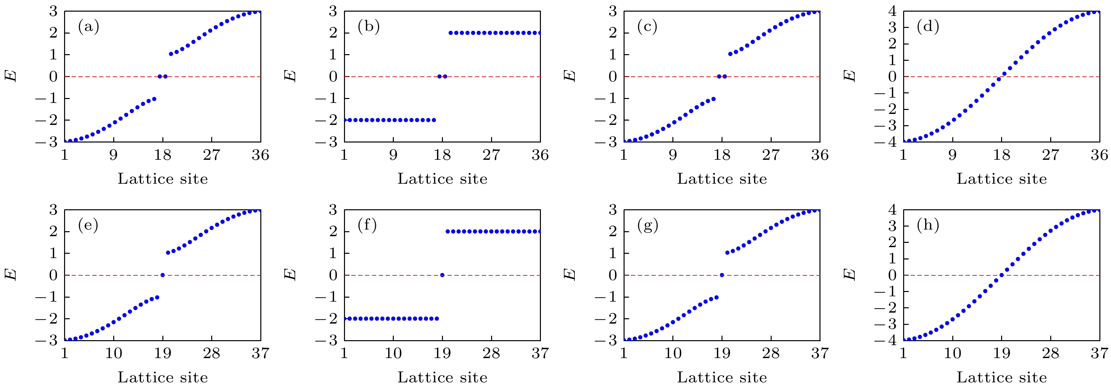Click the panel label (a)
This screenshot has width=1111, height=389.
88,27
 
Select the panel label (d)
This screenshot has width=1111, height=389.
928,27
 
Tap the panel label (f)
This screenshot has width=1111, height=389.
368,225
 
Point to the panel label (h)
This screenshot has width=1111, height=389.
928,225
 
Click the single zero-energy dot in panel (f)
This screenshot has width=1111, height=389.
442,275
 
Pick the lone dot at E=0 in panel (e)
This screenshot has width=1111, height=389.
163,275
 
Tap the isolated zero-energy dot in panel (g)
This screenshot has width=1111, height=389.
722,275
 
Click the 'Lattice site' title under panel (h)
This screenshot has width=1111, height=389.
1001,377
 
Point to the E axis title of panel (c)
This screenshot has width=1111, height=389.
570,76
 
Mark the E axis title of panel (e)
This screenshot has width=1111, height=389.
11,275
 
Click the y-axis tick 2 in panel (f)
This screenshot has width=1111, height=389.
333,232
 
